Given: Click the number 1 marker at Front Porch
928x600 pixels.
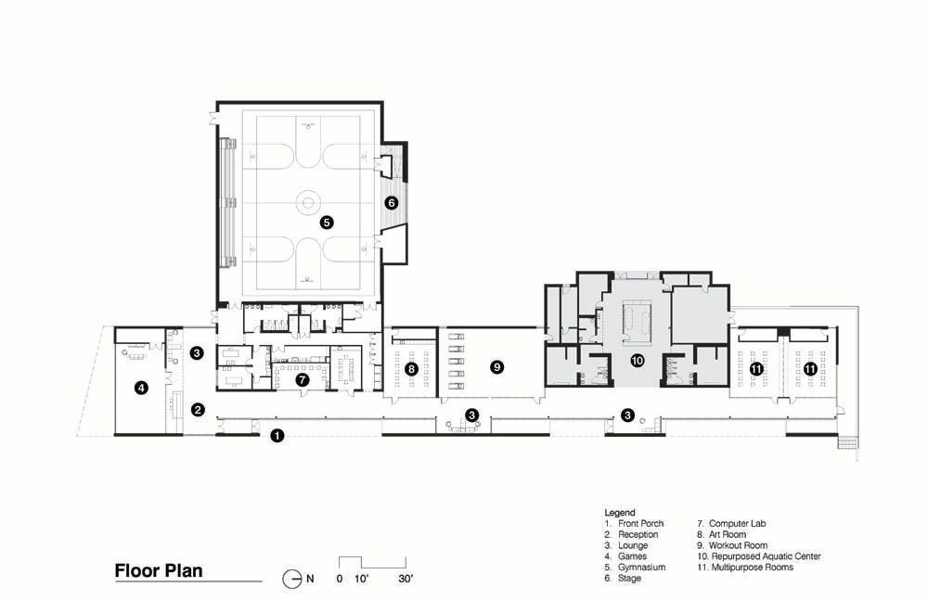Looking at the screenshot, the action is point(277,436).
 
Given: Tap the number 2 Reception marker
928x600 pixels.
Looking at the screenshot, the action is point(198,410).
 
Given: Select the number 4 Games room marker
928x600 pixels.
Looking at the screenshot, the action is point(141,389).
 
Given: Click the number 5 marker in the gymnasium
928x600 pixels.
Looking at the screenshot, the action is point(326,223).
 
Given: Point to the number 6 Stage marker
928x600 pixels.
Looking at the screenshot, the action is point(391,203).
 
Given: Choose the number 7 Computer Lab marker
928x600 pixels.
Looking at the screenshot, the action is point(303,380).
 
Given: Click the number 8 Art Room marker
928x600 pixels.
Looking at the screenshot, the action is point(412,370).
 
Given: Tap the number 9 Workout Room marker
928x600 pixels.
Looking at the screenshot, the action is point(497,367).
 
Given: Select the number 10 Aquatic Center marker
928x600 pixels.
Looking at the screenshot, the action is point(637,360).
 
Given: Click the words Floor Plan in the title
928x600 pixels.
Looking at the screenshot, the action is point(159,571).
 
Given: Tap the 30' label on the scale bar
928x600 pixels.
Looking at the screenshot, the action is point(406,580).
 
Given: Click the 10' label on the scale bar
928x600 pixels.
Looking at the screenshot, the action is point(361,580).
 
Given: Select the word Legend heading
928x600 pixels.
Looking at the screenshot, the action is point(620,513).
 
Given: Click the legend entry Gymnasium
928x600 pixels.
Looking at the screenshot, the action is point(641,568).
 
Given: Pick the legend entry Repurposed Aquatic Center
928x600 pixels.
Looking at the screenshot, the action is point(766,556).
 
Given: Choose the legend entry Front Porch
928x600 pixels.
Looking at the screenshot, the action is point(641,524).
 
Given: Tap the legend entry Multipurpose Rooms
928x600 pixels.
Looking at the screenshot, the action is point(753,568).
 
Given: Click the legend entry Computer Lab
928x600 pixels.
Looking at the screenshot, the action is point(738,524).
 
